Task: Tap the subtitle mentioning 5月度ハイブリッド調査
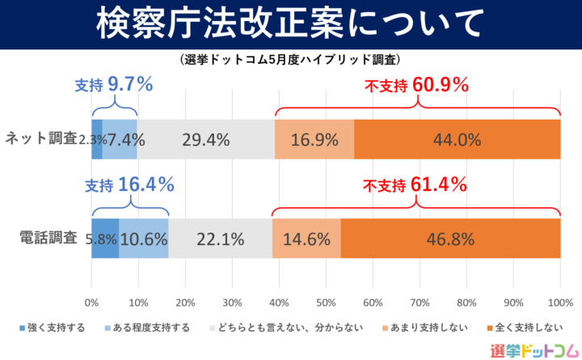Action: (x=290, y=60)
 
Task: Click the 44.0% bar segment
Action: (x=457, y=139)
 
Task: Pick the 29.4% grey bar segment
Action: (x=205, y=139)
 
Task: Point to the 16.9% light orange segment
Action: (x=314, y=139)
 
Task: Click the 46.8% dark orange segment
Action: (x=450, y=239)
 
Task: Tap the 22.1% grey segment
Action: (x=220, y=239)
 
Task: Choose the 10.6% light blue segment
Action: (x=144, y=239)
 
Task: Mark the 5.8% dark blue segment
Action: (x=105, y=239)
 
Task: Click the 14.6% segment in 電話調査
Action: (x=306, y=239)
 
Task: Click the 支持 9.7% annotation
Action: (x=113, y=84)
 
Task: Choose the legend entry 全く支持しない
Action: (x=522, y=328)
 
